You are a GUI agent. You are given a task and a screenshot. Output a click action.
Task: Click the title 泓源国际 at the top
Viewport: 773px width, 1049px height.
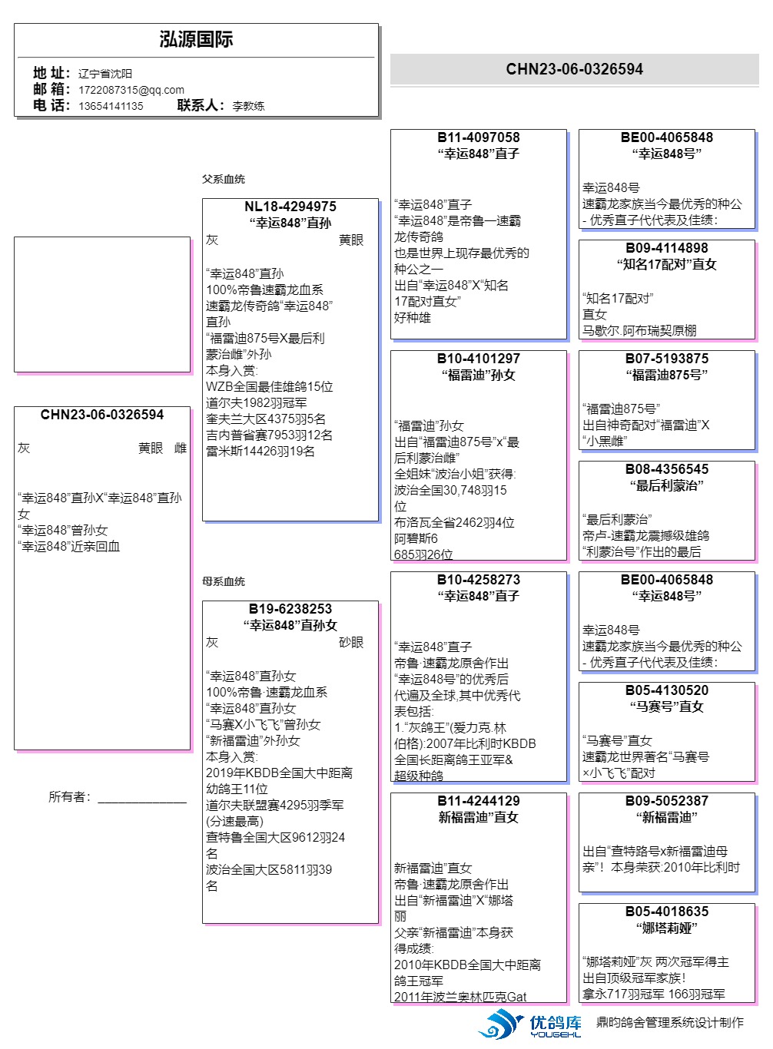[196, 40]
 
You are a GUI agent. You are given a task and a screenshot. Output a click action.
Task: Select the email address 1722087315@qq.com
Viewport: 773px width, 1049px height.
[131, 90]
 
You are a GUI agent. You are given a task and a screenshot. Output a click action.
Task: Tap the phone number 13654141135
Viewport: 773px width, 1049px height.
[111, 106]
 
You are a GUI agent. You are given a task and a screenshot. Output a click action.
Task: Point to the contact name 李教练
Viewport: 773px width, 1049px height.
[248, 106]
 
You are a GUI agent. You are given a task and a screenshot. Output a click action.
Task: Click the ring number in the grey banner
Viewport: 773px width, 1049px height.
[574, 69]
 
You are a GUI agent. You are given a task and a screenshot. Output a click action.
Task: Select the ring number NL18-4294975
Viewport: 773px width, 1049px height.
[290, 207]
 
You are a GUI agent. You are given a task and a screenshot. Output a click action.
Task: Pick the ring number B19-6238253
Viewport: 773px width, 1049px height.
[290, 609]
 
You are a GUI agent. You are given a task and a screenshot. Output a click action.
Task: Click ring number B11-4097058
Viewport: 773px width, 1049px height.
[478, 137]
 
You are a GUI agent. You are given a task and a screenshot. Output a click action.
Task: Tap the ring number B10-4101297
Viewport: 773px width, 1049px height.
[478, 359]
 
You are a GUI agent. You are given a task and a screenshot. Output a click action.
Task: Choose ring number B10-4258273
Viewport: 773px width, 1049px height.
[478, 580]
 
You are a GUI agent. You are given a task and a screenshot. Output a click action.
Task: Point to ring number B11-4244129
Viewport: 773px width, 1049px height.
[478, 801]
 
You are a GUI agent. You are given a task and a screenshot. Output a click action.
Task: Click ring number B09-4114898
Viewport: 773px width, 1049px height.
[666, 248]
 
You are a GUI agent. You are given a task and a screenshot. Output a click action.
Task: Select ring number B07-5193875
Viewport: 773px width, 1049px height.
[666, 359]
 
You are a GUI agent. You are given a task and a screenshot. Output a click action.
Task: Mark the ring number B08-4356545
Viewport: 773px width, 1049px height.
[666, 469]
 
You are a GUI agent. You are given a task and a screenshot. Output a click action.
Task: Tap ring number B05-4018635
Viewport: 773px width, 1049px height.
[666, 912]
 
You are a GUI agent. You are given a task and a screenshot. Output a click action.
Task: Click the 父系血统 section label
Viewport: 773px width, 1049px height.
[224, 179]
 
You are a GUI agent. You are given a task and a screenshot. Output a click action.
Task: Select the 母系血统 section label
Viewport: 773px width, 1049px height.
[224, 581]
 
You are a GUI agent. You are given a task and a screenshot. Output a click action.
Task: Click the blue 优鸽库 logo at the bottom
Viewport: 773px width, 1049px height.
[530, 1024]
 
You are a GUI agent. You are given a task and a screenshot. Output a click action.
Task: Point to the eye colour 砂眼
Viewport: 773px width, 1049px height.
[351, 642]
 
